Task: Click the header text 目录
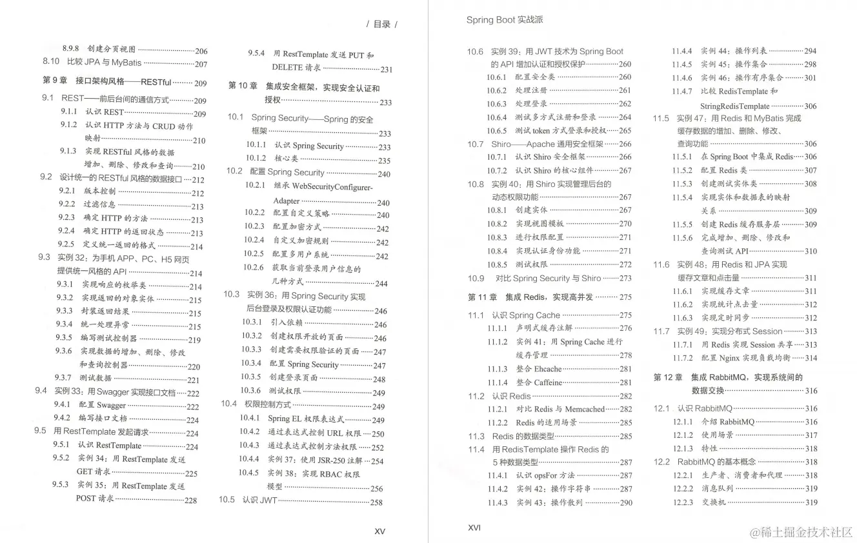coord(381,25)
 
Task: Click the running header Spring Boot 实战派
coord(505,20)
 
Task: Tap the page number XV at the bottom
coord(379,531)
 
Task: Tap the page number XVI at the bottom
coord(474,527)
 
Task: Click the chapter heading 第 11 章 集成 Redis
coord(529,297)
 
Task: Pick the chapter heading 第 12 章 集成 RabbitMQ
coord(728,377)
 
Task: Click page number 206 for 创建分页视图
coord(201,51)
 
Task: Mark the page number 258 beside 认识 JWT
coord(376,502)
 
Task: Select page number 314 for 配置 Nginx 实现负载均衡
coord(811,358)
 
